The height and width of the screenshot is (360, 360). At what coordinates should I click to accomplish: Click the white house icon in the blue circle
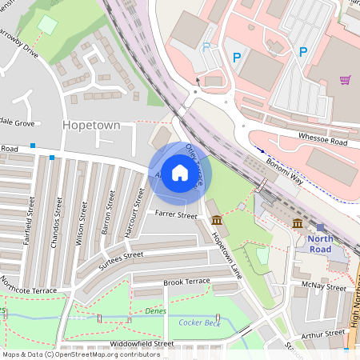[180, 173]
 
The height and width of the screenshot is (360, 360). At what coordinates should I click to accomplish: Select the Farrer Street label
[176, 215]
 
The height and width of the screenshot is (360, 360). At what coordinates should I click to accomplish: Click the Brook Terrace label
[186, 282]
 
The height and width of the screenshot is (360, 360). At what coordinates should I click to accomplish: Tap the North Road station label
[319, 243]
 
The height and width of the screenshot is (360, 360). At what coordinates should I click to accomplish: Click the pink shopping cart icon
[345, 80]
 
